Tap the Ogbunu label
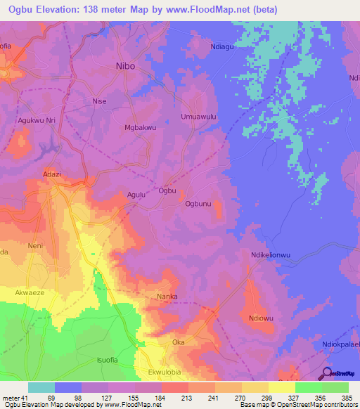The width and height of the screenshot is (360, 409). [198, 204]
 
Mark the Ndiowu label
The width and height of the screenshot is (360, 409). [261, 316]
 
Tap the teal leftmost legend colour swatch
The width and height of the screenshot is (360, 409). [41, 387]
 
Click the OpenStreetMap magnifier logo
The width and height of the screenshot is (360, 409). [326, 375]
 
